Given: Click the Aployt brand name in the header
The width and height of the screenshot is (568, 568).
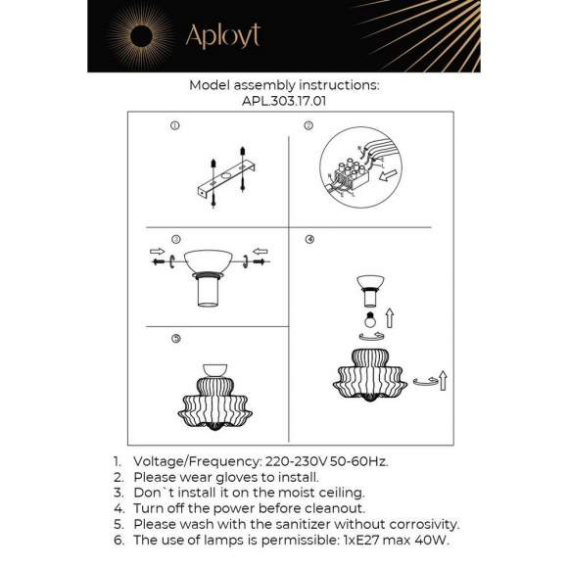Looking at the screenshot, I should pyautogui.click(x=222, y=37).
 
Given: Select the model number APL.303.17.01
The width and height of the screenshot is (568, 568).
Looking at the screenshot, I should pyautogui.click(x=283, y=99).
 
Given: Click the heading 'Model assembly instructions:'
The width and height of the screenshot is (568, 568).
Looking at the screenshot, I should pyautogui.click(x=283, y=85).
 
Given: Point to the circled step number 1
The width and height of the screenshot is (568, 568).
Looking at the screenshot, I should pyautogui.click(x=174, y=125).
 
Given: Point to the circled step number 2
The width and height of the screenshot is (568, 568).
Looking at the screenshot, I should pyautogui.click(x=308, y=125).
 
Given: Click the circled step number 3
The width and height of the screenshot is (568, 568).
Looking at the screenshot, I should pyautogui.click(x=174, y=239).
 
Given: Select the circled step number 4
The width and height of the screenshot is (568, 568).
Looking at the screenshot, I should pyautogui.click(x=309, y=239).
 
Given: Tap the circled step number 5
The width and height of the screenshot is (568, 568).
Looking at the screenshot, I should pyautogui.click(x=174, y=339).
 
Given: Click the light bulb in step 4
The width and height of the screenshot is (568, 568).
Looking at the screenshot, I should pyautogui.click(x=371, y=321).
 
